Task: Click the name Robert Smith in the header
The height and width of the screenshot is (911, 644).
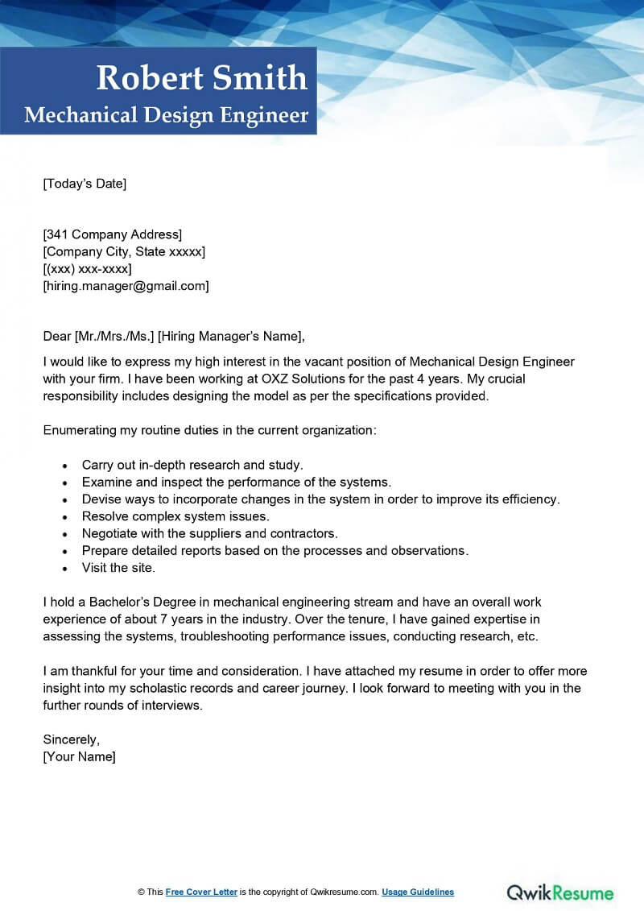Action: (x=201, y=78)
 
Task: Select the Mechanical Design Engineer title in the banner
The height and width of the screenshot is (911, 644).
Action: (x=167, y=115)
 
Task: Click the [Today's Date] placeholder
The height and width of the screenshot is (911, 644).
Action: (x=85, y=184)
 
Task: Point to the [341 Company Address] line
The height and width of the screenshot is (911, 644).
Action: (x=113, y=234)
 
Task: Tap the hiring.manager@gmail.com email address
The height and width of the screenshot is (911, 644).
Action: (x=126, y=285)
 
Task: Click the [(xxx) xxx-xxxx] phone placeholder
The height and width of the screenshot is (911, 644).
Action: (x=87, y=268)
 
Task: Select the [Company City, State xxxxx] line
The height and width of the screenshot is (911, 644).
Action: (x=124, y=251)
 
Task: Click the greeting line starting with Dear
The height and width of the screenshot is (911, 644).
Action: (x=175, y=336)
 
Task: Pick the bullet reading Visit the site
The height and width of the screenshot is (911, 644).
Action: (x=118, y=568)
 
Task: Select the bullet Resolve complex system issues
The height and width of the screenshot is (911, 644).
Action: (x=175, y=516)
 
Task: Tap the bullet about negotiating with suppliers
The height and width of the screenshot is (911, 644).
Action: (x=209, y=533)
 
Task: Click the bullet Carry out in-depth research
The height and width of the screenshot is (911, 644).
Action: (x=192, y=465)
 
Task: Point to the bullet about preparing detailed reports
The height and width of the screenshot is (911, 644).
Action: (x=275, y=551)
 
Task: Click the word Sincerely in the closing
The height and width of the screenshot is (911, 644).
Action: (x=71, y=739)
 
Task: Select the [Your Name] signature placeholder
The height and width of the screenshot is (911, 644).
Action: (x=79, y=756)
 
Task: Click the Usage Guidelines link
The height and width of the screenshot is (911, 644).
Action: (x=418, y=892)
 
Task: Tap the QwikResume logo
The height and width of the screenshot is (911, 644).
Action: (x=559, y=892)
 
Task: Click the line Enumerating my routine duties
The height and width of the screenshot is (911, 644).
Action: (x=209, y=430)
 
